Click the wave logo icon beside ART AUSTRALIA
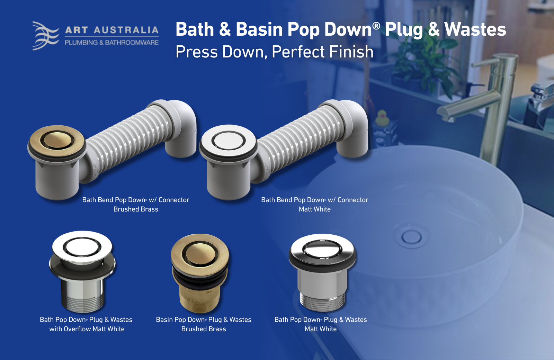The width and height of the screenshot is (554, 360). (x=45, y=36)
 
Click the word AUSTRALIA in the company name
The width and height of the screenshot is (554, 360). (x=126, y=30)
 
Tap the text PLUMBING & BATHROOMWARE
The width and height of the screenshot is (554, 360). (x=111, y=43)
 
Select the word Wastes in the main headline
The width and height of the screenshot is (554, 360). (x=475, y=29)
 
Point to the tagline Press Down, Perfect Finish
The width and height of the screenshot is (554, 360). (x=274, y=52)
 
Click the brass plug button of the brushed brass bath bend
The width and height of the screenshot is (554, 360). (x=57, y=140)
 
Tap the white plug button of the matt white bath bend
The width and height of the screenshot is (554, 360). (x=228, y=141)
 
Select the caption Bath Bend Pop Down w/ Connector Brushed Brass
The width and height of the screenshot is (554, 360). (x=136, y=204)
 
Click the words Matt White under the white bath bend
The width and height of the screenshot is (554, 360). (x=315, y=209)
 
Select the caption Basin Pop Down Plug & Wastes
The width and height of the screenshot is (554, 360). (x=204, y=319)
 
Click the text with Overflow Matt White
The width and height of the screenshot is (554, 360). (x=87, y=329)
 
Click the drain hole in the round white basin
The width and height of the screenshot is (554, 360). (x=411, y=237)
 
